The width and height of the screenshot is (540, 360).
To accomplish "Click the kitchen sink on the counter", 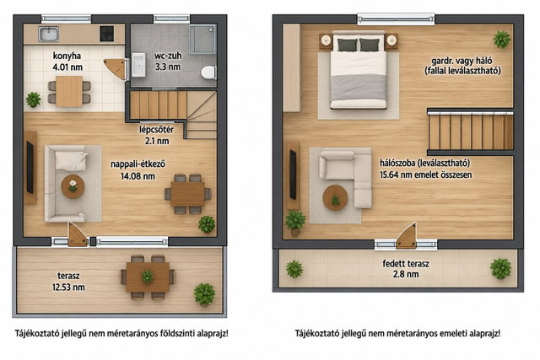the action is point(49,34).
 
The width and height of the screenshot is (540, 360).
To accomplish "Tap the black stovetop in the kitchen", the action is point(107,34).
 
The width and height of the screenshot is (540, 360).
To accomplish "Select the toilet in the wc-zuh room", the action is point(208,73).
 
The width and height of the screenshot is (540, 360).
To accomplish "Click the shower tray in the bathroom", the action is point(202,39).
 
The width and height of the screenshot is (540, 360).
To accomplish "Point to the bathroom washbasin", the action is point(138,64).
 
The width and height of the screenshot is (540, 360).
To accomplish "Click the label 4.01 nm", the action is point(67,67).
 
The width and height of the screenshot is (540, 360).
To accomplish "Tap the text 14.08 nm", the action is point(138,176).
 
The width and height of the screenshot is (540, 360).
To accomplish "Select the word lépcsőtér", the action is point(156,130).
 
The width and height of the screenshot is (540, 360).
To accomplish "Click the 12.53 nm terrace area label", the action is point(68,287).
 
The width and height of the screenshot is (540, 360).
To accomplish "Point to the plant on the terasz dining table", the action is point(148,277).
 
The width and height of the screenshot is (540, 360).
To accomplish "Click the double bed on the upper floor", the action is point(358,70).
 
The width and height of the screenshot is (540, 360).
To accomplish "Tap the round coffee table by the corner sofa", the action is point(335,197).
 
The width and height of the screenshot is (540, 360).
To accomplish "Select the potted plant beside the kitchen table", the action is point(34,99).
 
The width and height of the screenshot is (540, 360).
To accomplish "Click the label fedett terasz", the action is point(406,264).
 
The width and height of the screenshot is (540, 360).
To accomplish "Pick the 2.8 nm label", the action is point(406,274).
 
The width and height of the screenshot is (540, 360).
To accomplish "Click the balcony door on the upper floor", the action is point(407,237).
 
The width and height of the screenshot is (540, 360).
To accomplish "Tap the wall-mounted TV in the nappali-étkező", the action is point(30,167).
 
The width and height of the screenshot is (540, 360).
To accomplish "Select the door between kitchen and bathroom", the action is point(117,68).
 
